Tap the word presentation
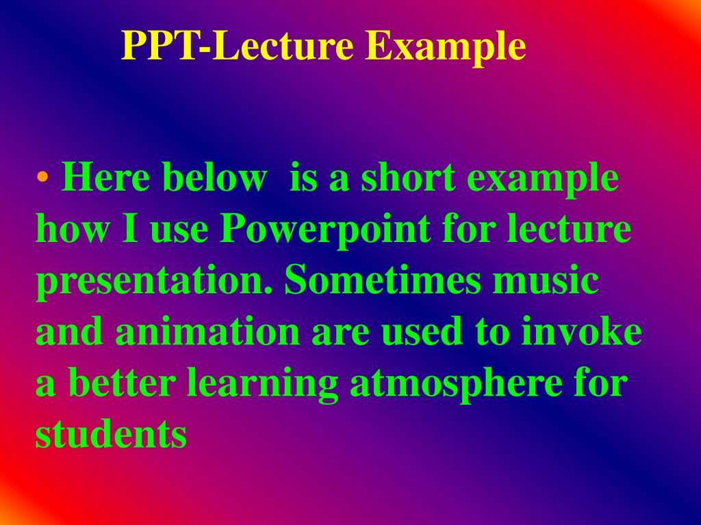[155, 282]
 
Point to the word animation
[207, 332]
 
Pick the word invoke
[582, 332]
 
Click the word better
[124, 383]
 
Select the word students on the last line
[111, 434]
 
